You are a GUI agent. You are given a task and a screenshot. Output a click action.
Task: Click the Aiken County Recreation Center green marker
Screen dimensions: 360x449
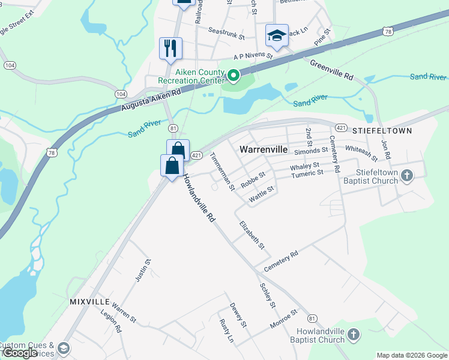[233, 76]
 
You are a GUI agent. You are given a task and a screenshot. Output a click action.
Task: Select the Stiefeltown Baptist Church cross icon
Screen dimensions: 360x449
[407, 175]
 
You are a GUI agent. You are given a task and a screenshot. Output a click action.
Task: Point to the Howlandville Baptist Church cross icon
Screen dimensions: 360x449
[354, 334]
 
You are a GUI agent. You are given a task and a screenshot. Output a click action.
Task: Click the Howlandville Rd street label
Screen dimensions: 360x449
[199, 198]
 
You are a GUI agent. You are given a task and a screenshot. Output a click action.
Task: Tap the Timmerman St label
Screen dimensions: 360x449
[222, 172]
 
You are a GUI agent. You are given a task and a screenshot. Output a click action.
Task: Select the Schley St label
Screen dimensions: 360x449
[268, 295]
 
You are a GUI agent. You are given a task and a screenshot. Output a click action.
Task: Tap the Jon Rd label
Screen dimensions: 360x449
[386, 150]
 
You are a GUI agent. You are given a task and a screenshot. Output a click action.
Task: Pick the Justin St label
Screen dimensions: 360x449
[141, 270]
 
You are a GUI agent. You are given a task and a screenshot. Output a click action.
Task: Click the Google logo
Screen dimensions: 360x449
[20, 353]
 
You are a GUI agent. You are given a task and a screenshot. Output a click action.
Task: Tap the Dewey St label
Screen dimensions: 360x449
[238, 315]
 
